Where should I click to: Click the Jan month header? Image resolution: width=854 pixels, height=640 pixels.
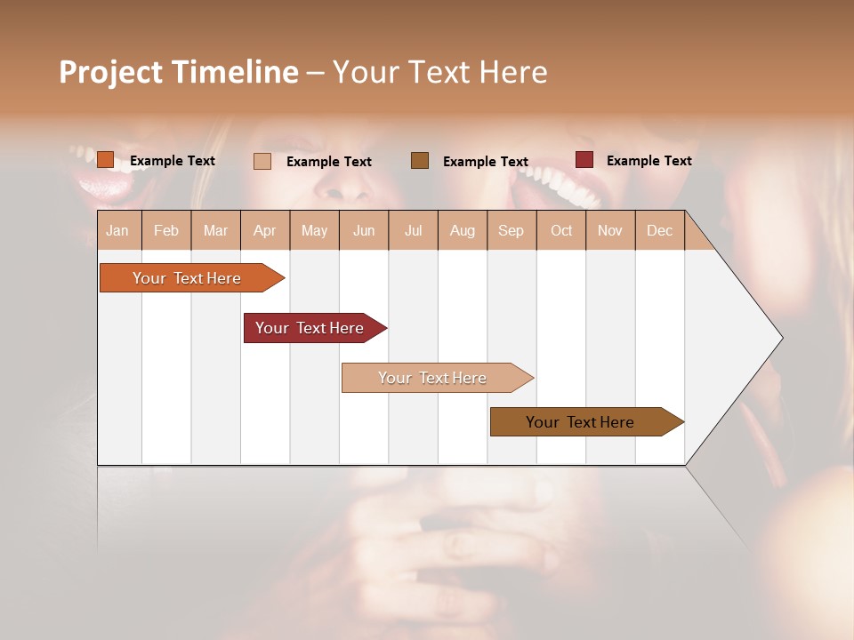click(117, 231)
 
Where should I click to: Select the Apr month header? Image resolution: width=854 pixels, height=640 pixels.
click(264, 231)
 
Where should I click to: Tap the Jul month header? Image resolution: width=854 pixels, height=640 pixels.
click(413, 231)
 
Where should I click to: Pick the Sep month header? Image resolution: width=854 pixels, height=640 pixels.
click(511, 231)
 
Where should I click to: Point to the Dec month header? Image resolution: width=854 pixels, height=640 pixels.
click(659, 231)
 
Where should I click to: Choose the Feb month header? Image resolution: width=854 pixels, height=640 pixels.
click(166, 231)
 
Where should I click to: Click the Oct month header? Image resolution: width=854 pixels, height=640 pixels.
click(561, 231)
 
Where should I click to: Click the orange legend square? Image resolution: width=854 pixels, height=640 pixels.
click(105, 160)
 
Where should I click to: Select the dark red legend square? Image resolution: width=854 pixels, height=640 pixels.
click(584, 160)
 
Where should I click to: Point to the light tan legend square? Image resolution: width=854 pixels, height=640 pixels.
click(262, 161)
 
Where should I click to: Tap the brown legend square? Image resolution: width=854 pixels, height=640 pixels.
click(419, 161)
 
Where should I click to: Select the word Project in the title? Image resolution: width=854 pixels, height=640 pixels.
click(112, 72)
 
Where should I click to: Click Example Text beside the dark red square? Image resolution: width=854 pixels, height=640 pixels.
click(649, 161)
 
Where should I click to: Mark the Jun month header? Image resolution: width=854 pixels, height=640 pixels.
click(364, 231)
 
